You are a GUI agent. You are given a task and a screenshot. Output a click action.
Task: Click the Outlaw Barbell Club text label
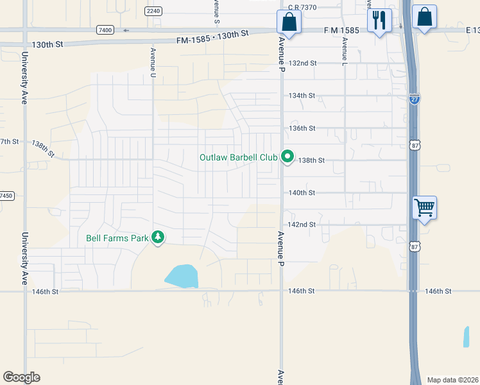[x=238, y=157]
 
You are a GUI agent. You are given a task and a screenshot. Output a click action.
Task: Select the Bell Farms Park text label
[x=117, y=238]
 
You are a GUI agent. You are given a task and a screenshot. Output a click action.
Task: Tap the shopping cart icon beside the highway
[x=424, y=208]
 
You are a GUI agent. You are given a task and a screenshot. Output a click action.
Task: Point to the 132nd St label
[x=303, y=64]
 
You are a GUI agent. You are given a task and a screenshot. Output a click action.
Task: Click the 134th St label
[x=302, y=96]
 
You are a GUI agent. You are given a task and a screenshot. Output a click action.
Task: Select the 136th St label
[x=302, y=128]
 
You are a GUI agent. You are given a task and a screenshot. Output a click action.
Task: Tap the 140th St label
[x=302, y=193]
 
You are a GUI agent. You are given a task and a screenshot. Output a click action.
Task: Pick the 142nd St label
[x=303, y=225]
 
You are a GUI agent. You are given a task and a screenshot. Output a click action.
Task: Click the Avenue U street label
[x=153, y=62]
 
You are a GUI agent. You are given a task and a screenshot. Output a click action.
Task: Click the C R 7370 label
[x=303, y=7]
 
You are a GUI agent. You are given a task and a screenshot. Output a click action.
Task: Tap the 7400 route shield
[x=105, y=30]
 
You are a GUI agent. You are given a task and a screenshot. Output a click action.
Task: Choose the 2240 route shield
[x=153, y=11]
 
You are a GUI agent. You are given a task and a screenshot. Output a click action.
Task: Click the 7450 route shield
[x=6, y=196]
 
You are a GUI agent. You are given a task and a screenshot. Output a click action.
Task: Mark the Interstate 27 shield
[x=415, y=99]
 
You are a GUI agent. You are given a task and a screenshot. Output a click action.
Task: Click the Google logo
[x=21, y=377]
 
